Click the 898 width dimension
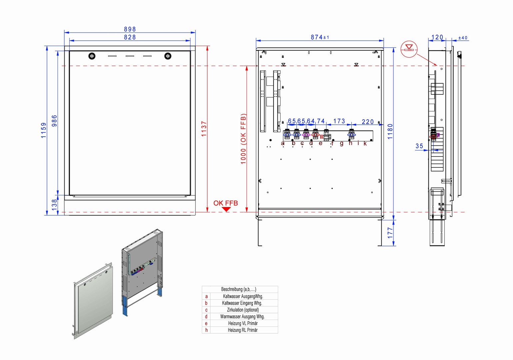pyautogui.click(x=130, y=29)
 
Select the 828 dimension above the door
pyautogui.click(x=130, y=37)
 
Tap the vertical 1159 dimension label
pyautogui.click(x=44, y=130)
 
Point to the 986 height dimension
pyautogui.click(x=54, y=121)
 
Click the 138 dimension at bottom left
pyautogui.click(x=54, y=204)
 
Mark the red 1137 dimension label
pyautogui.click(x=204, y=129)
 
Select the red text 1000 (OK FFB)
pyautogui.click(x=244, y=139)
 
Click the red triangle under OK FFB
pyautogui.click(x=226, y=209)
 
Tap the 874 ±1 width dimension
pyautogui.click(x=319, y=37)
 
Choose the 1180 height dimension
pyautogui.click(x=390, y=131)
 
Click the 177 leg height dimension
pyautogui.click(x=390, y=233)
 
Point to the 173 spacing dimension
pyautogui.click(x=339, y=121)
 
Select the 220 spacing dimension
pyautogui.click(x=368, y=122)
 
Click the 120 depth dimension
pyautogui.click(x=437, y=37)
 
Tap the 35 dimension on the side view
pyautogui.click(x=419, y=146)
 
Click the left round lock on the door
pyautogui.click(x=92, y=56)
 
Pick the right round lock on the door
pyautogui.click(x=168, y=56)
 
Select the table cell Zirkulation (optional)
pyautogui.click(x=243, y=310)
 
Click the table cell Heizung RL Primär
pyautogui.click(x=243, y=330)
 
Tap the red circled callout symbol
pyautogui.click(x=409, y=49)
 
